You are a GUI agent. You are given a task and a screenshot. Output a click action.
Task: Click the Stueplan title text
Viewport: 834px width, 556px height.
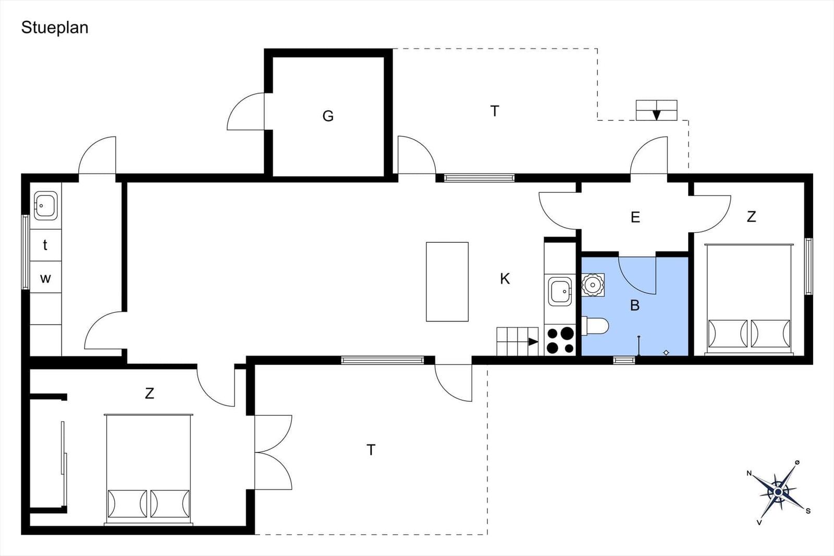[x=55, y=28]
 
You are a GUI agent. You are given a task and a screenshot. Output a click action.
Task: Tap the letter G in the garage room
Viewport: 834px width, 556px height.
[x=328, y=116]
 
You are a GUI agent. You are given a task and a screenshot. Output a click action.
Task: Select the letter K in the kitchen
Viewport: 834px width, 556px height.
[x=505, y=278]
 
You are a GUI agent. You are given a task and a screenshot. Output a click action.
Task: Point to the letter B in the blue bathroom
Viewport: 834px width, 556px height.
[x=635, y=305]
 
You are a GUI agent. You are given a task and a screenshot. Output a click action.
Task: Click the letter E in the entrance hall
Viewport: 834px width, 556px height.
[x=635, y=217]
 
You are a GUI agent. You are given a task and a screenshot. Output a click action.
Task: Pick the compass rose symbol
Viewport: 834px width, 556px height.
[x=778, y=492]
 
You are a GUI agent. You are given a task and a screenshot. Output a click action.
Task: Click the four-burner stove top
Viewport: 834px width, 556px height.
[x=560, y=340]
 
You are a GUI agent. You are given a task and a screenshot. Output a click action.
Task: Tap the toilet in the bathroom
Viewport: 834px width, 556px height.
[x=595, y=326]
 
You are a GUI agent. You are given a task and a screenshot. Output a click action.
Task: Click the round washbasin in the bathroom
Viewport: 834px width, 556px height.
[x=592, y=285]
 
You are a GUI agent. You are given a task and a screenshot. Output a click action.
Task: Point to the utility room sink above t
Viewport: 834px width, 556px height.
[x=45, y=205]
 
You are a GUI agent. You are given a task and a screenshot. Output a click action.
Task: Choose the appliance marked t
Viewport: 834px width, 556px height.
[x=45, y=245]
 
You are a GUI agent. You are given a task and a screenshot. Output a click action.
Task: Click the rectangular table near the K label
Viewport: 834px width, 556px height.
[x=447, y=282]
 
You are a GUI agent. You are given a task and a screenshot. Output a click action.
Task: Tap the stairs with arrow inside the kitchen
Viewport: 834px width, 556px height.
[x=518, y=341]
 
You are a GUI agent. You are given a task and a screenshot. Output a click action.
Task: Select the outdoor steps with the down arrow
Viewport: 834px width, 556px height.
[x=656, y=110]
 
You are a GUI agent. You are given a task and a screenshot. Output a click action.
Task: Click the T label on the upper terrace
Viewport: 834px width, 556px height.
[x=495, y=112]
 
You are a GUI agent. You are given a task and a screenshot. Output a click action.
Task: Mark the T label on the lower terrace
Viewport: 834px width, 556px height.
[x=371, y=450]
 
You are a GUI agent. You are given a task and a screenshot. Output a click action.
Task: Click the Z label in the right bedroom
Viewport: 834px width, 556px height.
[x=751, y=217]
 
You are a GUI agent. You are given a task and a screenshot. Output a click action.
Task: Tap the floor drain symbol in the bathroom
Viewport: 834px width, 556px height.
[x=666, y=352]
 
